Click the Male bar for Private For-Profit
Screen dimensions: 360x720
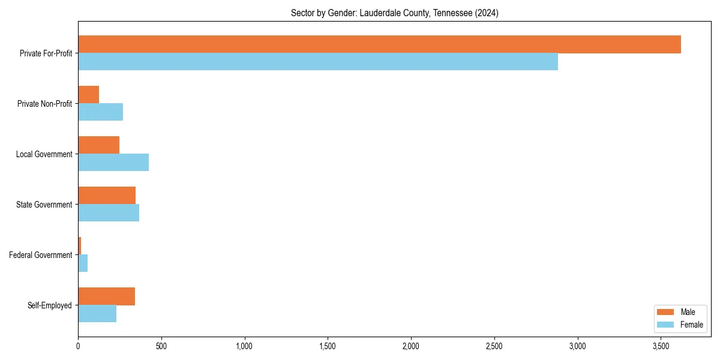pos(379,44)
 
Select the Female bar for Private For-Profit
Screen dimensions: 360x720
pos(318,62)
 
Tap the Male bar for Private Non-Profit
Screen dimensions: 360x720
pos(88,95)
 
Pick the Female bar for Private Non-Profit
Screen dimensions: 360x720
pos(100,112)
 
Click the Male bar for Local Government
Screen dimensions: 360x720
pos(98,145)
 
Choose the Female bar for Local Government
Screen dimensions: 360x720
pos(113,163)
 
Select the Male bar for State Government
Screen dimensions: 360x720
pos(107,196)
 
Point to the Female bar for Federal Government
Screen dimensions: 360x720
pos(83,263)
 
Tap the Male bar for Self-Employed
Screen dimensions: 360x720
pos(106,296)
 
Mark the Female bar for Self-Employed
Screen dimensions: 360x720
pos(97,314)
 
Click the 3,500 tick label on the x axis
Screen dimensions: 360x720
pos(661,347)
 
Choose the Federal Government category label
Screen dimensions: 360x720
pos(41,255)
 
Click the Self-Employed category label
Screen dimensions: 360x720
pos(50,305)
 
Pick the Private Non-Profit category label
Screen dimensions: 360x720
pos(44,104)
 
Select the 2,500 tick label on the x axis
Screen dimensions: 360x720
pos(494,347)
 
